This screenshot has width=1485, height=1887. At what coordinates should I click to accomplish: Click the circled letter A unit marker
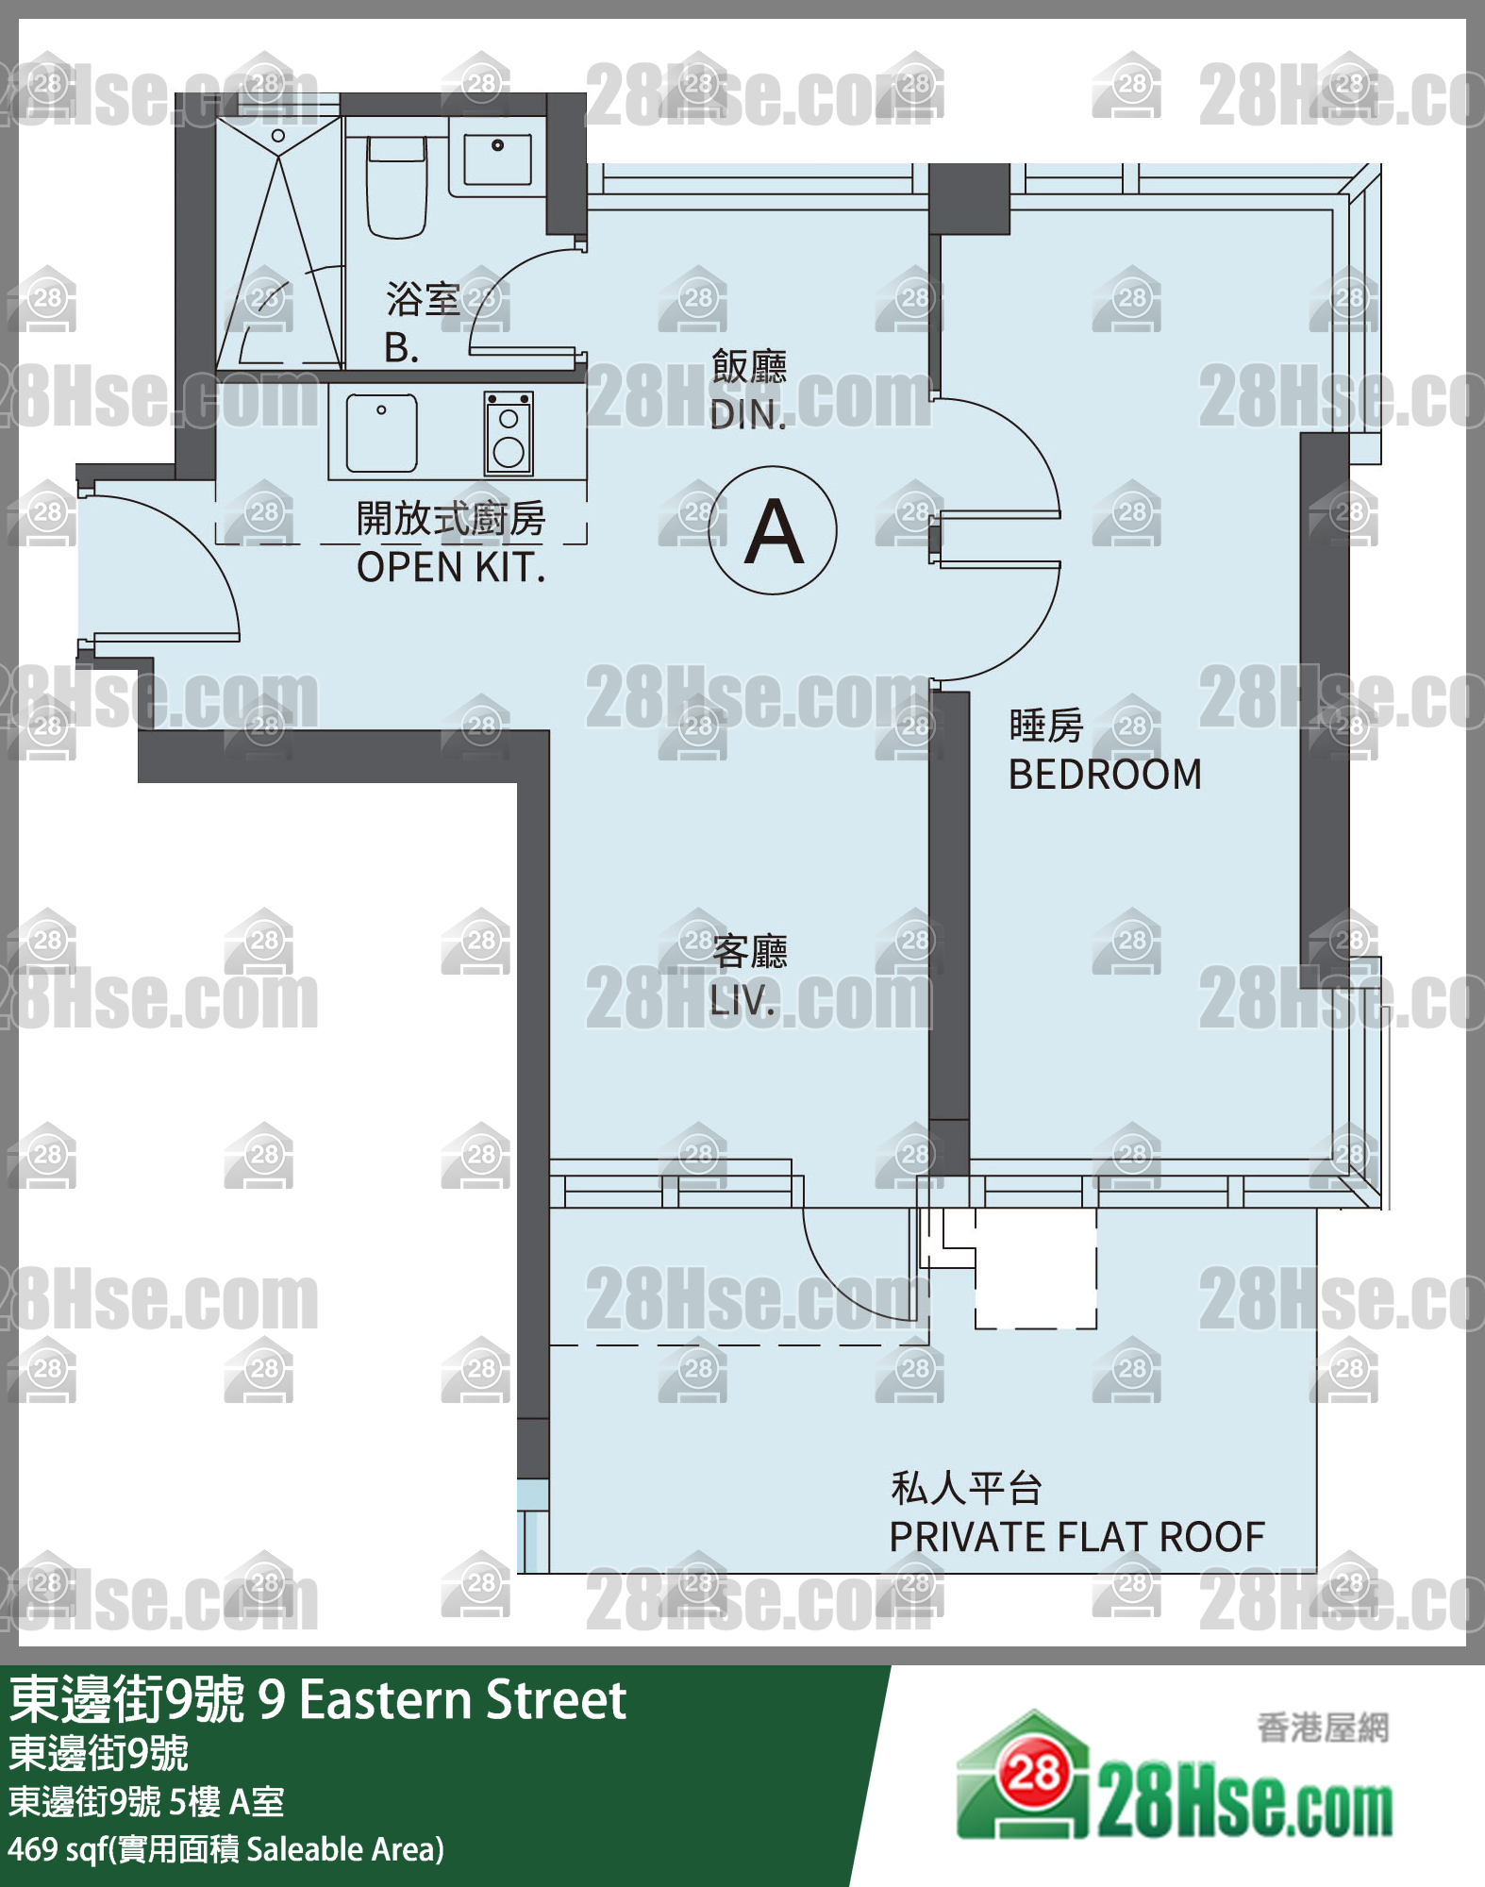coord(773,530)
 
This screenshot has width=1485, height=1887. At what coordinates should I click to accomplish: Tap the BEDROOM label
coord(1105,775)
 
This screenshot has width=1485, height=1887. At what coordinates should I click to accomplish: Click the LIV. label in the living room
coord(742,1001)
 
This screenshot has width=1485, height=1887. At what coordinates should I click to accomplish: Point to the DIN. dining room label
coord(748,415)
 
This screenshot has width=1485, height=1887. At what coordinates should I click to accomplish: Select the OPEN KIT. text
coord(451,568)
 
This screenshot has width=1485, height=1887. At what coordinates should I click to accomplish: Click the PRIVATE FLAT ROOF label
coord(1076,1537)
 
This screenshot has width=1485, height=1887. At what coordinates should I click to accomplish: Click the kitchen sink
coord(381,433)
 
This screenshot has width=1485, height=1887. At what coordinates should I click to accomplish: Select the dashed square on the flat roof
coord(1036,1269)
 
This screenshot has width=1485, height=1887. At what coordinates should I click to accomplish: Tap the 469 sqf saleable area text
coord(225,1849)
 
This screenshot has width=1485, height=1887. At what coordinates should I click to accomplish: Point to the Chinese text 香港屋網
coord(1323,1728)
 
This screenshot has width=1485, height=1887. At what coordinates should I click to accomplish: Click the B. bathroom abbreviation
coord(401,348)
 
